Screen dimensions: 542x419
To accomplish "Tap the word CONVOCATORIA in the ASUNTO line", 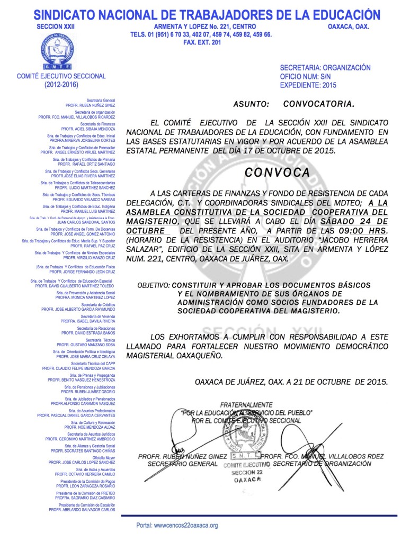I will click(x=318, y=104).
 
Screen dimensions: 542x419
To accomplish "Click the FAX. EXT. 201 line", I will click(x=201, y=42).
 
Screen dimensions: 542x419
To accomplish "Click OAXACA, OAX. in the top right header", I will click(x=348, y=26).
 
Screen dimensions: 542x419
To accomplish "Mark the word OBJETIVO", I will click(x=153, y=285).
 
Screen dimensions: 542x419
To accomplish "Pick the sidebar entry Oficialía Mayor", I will click(x=103, y=457).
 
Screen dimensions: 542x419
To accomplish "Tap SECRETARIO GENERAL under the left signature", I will click(x=182, y=464).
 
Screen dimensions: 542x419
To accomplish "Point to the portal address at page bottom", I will click(x=177, y=526).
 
